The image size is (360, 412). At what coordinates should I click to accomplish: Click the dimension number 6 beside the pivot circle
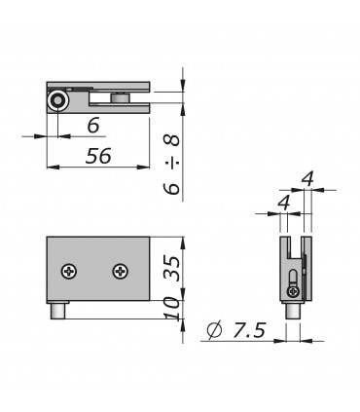tap(93, 125)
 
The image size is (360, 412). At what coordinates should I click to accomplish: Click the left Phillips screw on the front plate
tap(69, 271)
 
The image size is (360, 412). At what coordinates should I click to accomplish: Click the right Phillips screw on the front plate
tap(121, 271)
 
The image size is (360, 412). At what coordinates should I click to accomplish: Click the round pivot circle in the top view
tap(60, 100)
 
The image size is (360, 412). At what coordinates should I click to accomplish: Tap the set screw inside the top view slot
tap(120, 96)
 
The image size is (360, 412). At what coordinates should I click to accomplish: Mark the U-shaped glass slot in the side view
tap(292, 249)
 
